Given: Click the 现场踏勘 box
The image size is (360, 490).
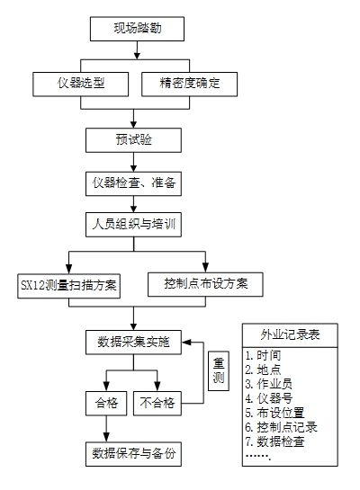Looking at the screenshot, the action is tap(137, 29).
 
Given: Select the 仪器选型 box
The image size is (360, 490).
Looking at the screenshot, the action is tap(81, 84).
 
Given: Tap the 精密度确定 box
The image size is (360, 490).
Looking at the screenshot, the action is tap(190, 84).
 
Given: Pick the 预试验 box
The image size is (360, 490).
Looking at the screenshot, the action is tap(133, 140).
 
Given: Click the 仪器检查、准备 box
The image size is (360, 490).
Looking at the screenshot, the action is tap(133, 183).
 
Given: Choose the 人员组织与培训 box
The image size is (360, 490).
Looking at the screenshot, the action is tap(133, 225).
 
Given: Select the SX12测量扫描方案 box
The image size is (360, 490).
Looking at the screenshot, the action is tap(68, 286).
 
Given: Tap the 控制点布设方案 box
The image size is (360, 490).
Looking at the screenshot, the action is tap(205, 284).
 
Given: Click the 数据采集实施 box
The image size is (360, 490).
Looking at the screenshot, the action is tap(133, 343).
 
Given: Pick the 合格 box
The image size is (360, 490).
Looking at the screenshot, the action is tap(106, 403).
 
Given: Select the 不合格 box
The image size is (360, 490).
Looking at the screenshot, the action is tap(157, 403).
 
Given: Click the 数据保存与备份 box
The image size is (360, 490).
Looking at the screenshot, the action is tap(133, 454).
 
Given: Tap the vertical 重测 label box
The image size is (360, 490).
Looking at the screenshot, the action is tap(219, 371).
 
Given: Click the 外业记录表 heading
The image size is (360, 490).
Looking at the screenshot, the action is tap(290, 335).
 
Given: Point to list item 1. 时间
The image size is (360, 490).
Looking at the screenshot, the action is tap(263, 355).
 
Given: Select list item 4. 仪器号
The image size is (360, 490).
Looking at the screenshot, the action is tap(269, 398).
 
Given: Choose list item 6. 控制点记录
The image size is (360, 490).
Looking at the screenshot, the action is tap(281, 427).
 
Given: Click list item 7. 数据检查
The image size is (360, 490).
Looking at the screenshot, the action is tap(274, 441).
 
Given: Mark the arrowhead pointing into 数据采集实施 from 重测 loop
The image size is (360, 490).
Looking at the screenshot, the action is tap(186, 343).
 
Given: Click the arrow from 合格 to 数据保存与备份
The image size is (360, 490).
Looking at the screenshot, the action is tap(106, 429).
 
